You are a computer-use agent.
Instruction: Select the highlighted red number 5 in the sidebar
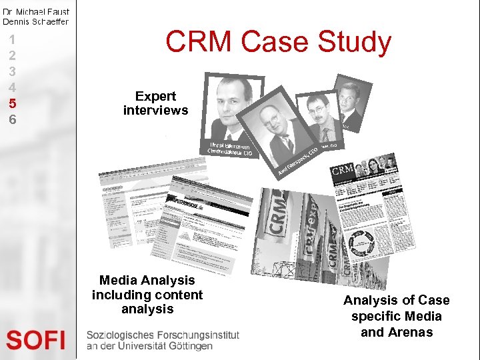[12, 103]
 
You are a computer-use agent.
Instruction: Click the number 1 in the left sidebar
[12, 39]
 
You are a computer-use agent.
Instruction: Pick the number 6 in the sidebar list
[12, 120]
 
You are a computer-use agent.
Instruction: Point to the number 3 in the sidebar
[12, 71]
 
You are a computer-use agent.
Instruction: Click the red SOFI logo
[36, 340]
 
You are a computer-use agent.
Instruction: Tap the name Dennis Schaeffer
[35, 21]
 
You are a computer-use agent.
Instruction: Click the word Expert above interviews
[155, 96]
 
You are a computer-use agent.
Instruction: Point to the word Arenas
[397, 332]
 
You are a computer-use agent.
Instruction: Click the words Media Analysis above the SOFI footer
[147, 281]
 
